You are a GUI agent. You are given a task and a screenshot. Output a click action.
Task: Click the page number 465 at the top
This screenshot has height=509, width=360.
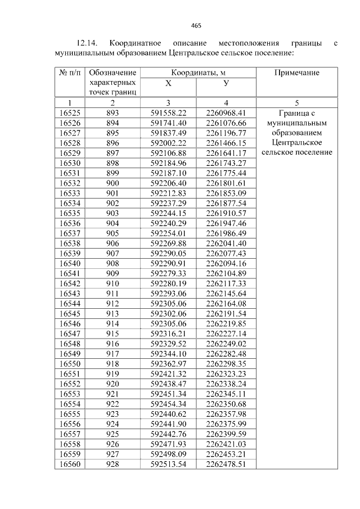click(196, 25)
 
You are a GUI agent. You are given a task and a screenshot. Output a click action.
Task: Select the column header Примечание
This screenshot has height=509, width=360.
click(296, 73)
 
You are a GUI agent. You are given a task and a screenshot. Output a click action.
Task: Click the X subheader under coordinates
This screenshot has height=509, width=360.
click(168, 83)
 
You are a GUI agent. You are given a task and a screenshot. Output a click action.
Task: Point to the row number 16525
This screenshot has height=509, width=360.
click(70, 112)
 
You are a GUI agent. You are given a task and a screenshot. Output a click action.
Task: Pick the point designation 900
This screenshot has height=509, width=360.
click(112, 183)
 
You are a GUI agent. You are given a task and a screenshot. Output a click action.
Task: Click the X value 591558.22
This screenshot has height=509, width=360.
click(168, 112)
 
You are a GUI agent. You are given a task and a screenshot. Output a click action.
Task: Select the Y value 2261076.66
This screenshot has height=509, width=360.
click(226, 123)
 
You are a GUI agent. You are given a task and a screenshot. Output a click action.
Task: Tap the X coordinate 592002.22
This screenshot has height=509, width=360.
click(168, 143)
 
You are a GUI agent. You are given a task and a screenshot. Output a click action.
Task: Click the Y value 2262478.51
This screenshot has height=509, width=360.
click(226, 464)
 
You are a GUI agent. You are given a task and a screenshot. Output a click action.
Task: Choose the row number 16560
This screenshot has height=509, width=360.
click(70, 464)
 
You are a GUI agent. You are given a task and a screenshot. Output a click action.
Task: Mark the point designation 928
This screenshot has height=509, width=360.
click(112, 464)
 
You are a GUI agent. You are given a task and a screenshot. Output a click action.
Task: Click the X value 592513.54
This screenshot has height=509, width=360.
click(168, 464)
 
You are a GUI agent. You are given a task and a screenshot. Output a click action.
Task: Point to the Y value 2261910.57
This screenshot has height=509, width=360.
click(226, 213)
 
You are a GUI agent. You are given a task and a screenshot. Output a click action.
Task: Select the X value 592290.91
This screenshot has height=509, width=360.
click(168, 263)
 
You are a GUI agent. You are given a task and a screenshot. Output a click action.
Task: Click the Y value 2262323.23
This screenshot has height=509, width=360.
click(226, 374)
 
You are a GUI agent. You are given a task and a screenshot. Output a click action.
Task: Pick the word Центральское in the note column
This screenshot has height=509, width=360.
click(296, 143)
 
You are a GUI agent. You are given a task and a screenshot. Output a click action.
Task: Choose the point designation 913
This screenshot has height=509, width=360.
click(112, 313)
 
